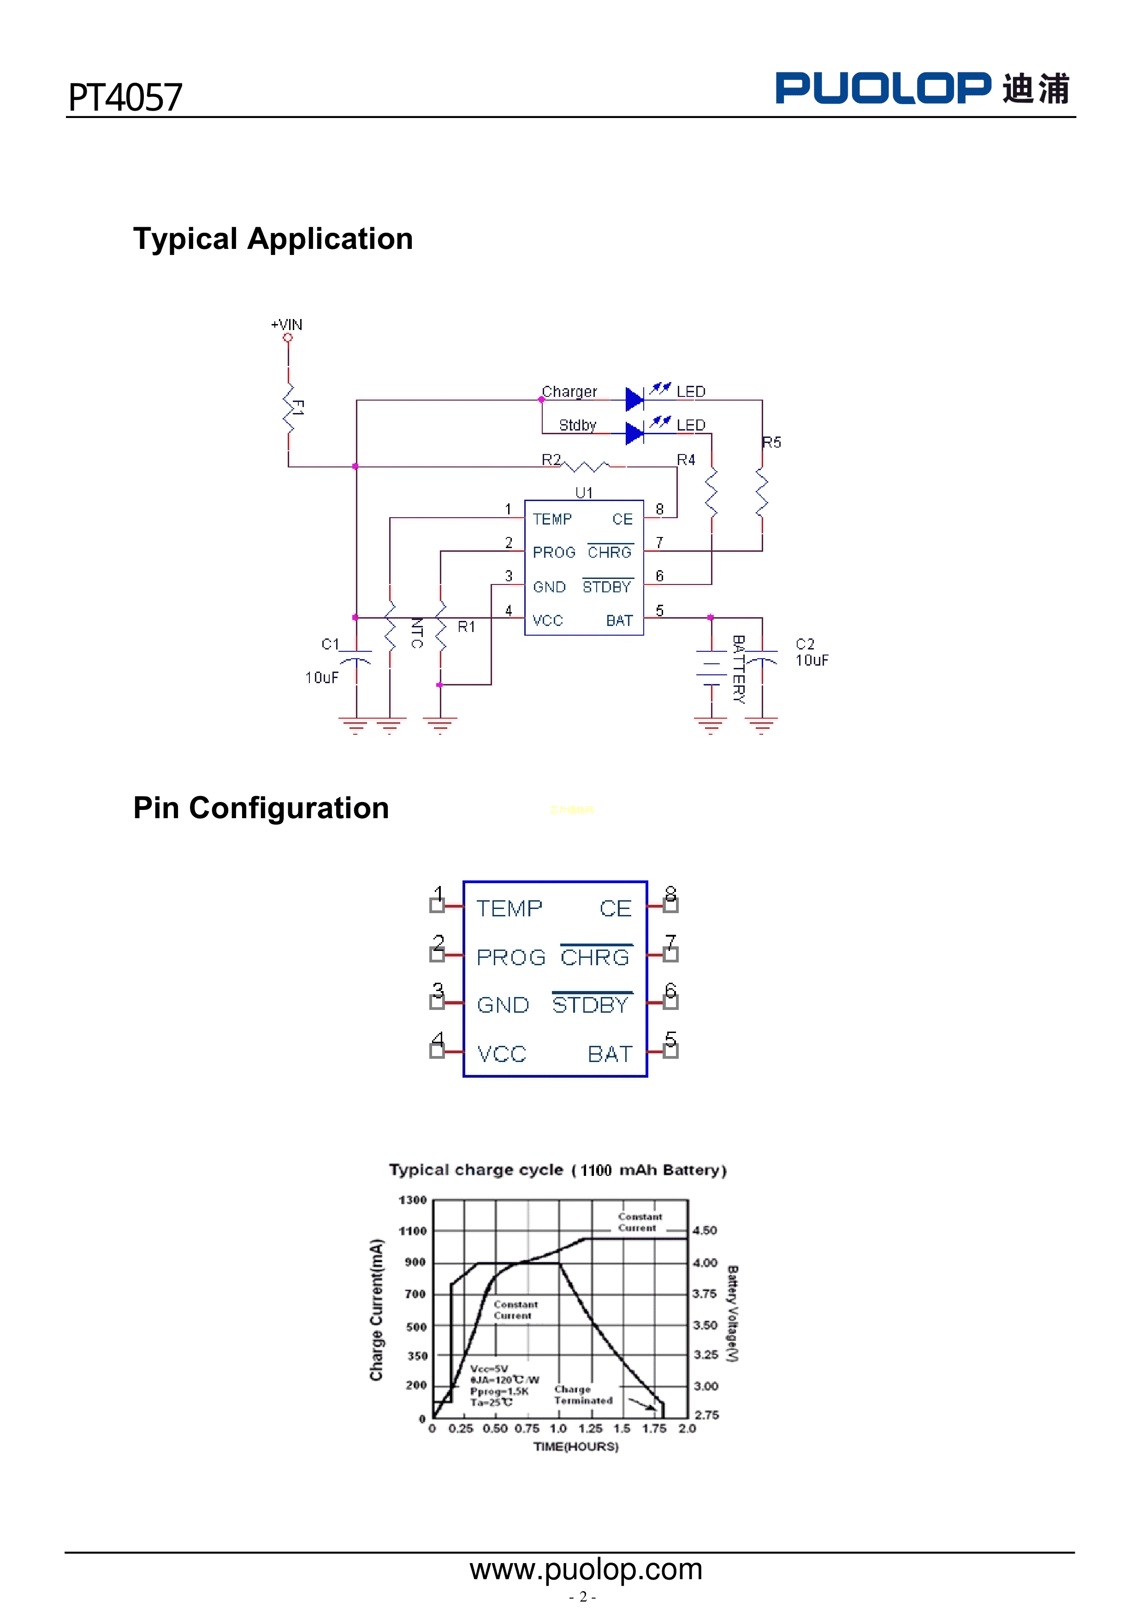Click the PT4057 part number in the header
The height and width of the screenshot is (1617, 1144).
click(x=125, y=97)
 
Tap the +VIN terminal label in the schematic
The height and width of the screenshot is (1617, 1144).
click(x=287, y=325)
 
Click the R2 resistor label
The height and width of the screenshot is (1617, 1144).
click(x=551, y=460)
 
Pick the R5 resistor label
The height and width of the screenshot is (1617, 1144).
click(x=771, y=443)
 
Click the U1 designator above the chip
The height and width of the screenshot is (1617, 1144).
click(x=584, y=492)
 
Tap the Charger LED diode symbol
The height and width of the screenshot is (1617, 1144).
click(x=634, y=399)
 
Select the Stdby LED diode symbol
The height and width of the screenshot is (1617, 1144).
click(x=634, y=432)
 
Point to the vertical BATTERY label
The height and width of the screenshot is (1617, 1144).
click(x=738, y=669)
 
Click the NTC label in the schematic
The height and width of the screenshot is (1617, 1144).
click(x=417, y=632)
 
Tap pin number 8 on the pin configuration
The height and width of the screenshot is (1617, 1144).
click(x=670, y=894)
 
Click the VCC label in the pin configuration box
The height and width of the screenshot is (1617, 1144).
click(x=502, y=1054)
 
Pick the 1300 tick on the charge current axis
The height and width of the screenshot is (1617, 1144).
click(x=413, y=1199)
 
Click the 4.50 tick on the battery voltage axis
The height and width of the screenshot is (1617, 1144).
click(x=705, y=1230)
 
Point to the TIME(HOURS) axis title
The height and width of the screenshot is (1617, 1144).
click(x=575, y=1446)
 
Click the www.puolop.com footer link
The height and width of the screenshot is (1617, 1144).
click(x=586, y=1569)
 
